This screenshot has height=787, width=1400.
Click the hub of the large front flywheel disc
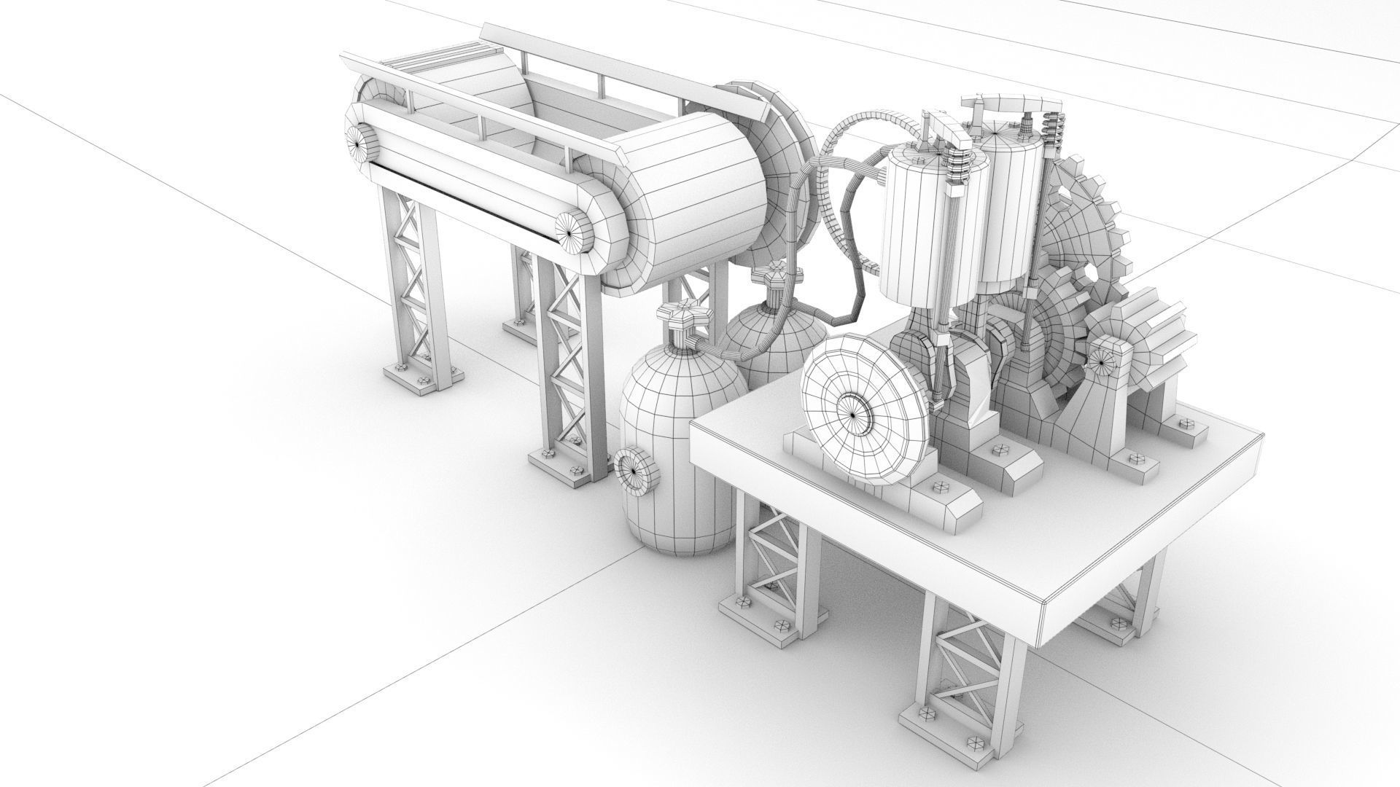tap(851, 414)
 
